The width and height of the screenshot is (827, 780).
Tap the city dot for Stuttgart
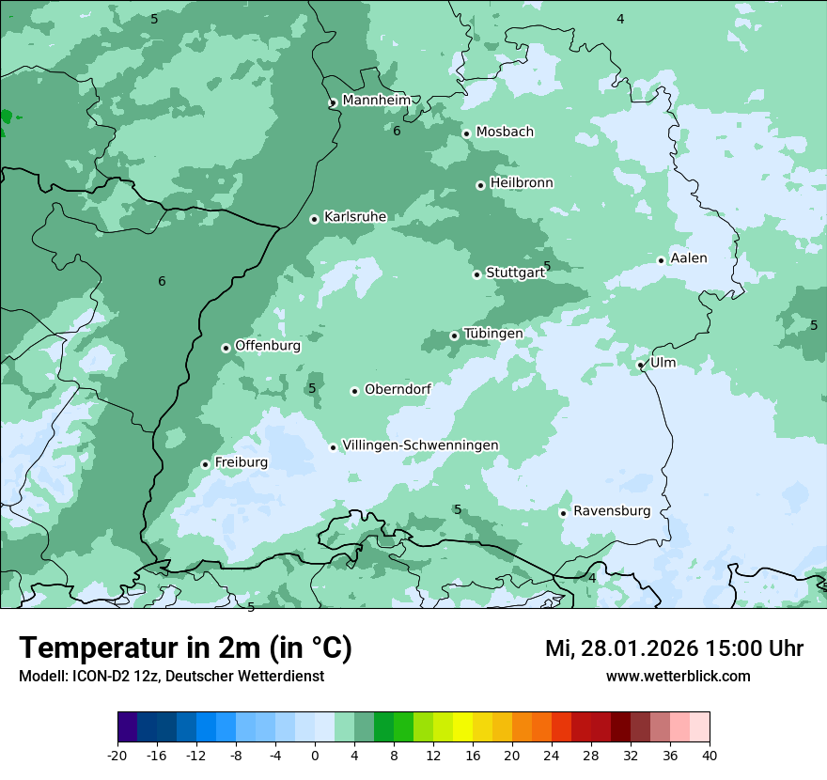(476, 274)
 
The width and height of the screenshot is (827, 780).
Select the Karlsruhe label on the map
(354, 217)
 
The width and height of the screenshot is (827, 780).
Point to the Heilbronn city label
(522, 183)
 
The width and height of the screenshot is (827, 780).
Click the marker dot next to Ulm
(641, 365)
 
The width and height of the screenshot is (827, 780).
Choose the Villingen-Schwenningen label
(420, 445)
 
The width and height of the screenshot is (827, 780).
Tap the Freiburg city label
(241, 462)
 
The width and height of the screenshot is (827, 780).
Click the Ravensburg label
(611, 511)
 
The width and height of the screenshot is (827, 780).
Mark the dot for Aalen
(661, 260)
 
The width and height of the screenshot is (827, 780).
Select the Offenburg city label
(267, 346)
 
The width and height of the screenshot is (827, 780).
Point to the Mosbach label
(505, 133)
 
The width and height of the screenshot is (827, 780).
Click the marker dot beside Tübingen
(454, 335)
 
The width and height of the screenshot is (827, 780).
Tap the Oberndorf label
(398, 390)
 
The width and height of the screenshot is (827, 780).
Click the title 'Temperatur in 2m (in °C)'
(185, 648)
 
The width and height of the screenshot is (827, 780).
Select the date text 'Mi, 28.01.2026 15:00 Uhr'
(674, 649)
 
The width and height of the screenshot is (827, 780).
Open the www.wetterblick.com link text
(678, 677)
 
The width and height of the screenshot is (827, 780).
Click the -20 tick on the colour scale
(117, 756)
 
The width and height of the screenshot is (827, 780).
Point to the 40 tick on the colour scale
(710, 756)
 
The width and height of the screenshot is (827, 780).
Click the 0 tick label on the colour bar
(315, 756)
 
